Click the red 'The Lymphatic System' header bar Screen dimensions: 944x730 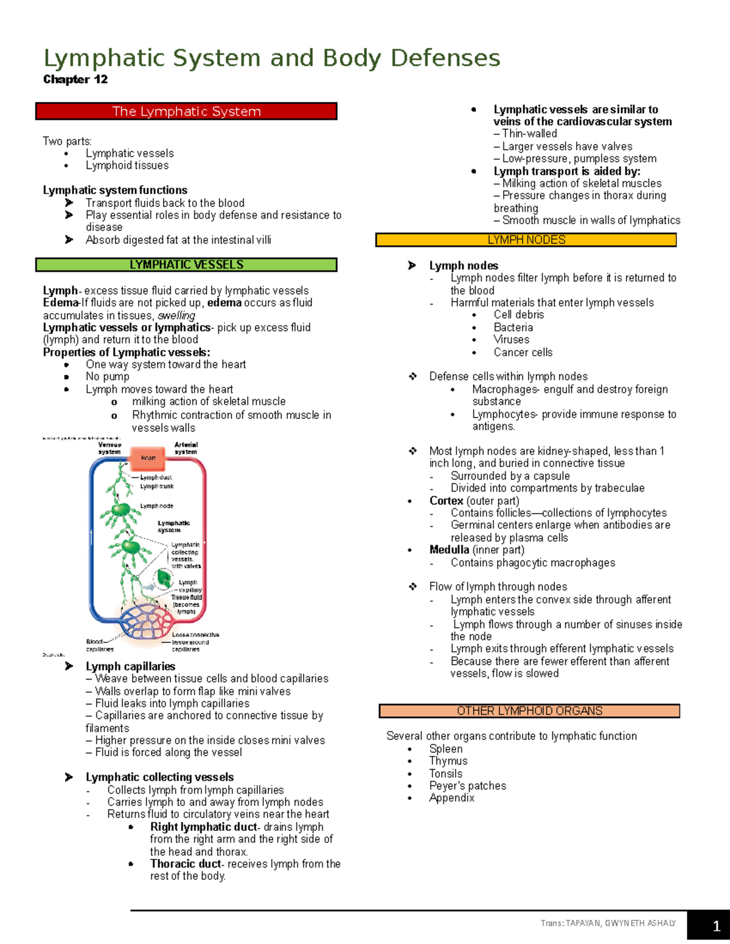pyautogui.click(x=186, y=111)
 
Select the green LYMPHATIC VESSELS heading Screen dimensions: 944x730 pyautogui.click(x=186, y=265)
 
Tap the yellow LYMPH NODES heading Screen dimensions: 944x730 pyautogui.click(x=526, y=240)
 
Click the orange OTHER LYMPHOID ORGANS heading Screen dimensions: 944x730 pyautogui.click(x=529, y=711)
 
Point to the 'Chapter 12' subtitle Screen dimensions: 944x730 pyautogui.click(x=75, y=80)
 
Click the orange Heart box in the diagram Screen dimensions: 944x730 pyautogui.click(x=148, y=458)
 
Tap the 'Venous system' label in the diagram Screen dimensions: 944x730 pyautogui.click(x=109, y=448)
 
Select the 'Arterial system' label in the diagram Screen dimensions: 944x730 pyautogui.click(x=186, y=448)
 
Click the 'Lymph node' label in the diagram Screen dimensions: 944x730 pyautogui.click(x=156, y=506)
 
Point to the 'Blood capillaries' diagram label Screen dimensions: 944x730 pyautogui.click(x=99, y=645)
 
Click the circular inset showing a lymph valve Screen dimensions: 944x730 pyautogui.click(x=163, y=578)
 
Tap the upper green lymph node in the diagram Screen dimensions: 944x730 pyautogui.click(x=121, y=509)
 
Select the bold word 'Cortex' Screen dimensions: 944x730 pyautogui.click(x=446, y=501)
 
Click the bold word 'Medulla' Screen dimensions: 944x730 pyautogui.click(x=449, y=550)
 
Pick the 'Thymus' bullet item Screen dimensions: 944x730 pyautogui.click(x=448, y=761)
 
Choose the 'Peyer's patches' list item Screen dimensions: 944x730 pyautogui.click(x=467, y=786)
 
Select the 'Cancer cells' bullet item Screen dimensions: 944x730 pyautogui.click(x=523, y=353)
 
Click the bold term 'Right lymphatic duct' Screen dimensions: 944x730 pyautogui.click(x=203, y=827)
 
